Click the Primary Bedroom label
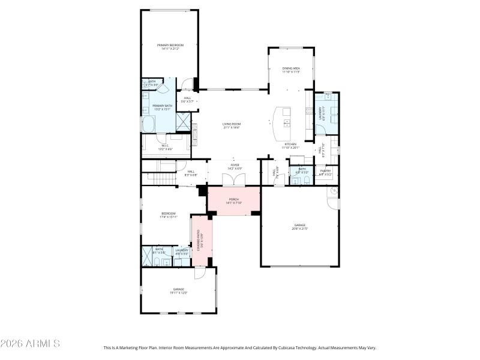(x=170, y=47)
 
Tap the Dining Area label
(x=291, y=70)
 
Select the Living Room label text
(x=232, y=125)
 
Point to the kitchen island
(x=281, y=122)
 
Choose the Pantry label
(x=325, y=173)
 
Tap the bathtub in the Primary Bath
(x=149, y=124)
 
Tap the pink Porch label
(x=233, y=202)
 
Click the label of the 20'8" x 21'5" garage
(x=299, y=226)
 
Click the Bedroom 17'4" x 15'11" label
(x=168, y=215)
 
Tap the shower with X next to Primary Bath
(x=181, y=123)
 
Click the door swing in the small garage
(x=200, y=273)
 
